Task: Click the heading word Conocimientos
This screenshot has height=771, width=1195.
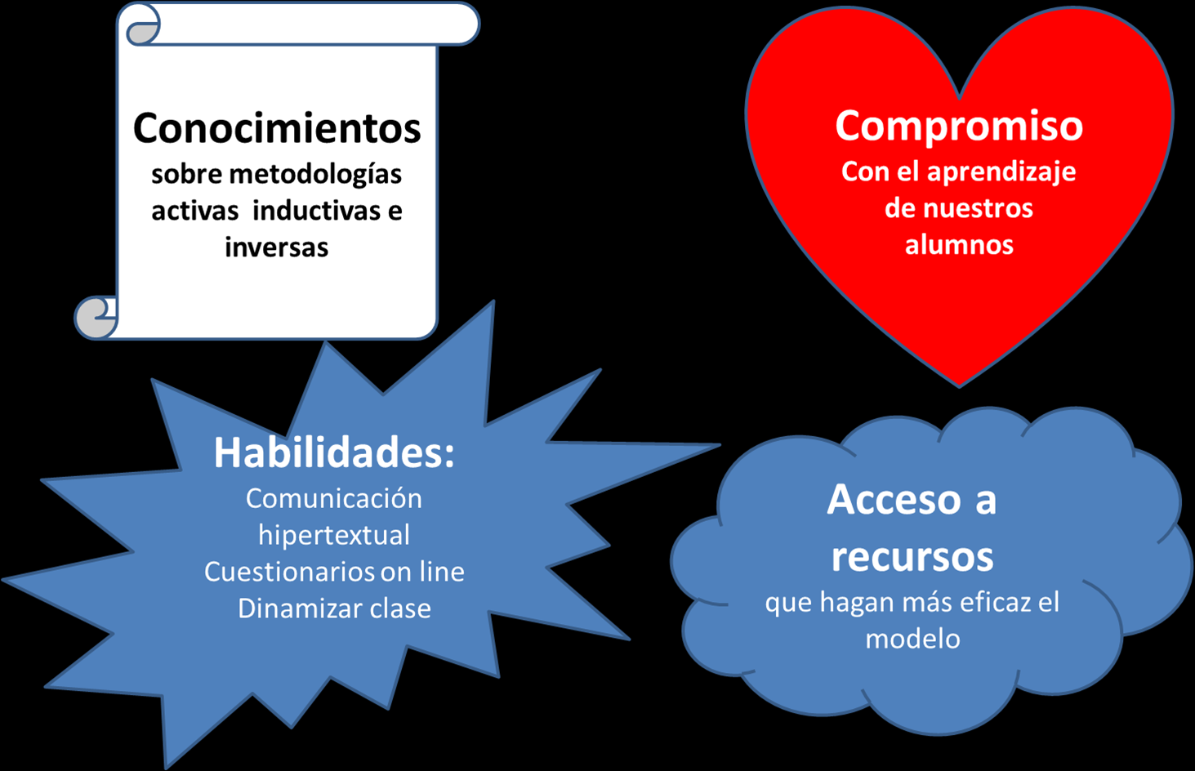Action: tap(277, 128)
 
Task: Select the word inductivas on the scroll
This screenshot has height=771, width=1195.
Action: tap(317, 211)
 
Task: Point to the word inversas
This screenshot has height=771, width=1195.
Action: tap(276, 247)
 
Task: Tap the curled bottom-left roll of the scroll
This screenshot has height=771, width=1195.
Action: tap(96, 317)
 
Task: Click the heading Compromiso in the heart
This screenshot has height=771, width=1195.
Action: tap(959, 126)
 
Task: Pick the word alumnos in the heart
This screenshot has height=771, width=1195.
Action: tap(959, 244)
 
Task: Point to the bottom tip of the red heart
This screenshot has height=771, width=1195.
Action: tap(960, 384)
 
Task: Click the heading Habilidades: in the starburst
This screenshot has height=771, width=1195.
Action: tap(334, 452)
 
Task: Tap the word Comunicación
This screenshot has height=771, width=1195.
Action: tap(334, 498)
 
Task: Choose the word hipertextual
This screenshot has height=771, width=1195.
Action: tap(334, 535)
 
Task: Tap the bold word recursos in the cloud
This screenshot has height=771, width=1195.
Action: tap(912, 557)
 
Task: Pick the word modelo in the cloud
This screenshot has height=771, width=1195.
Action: tap(912, 639)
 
